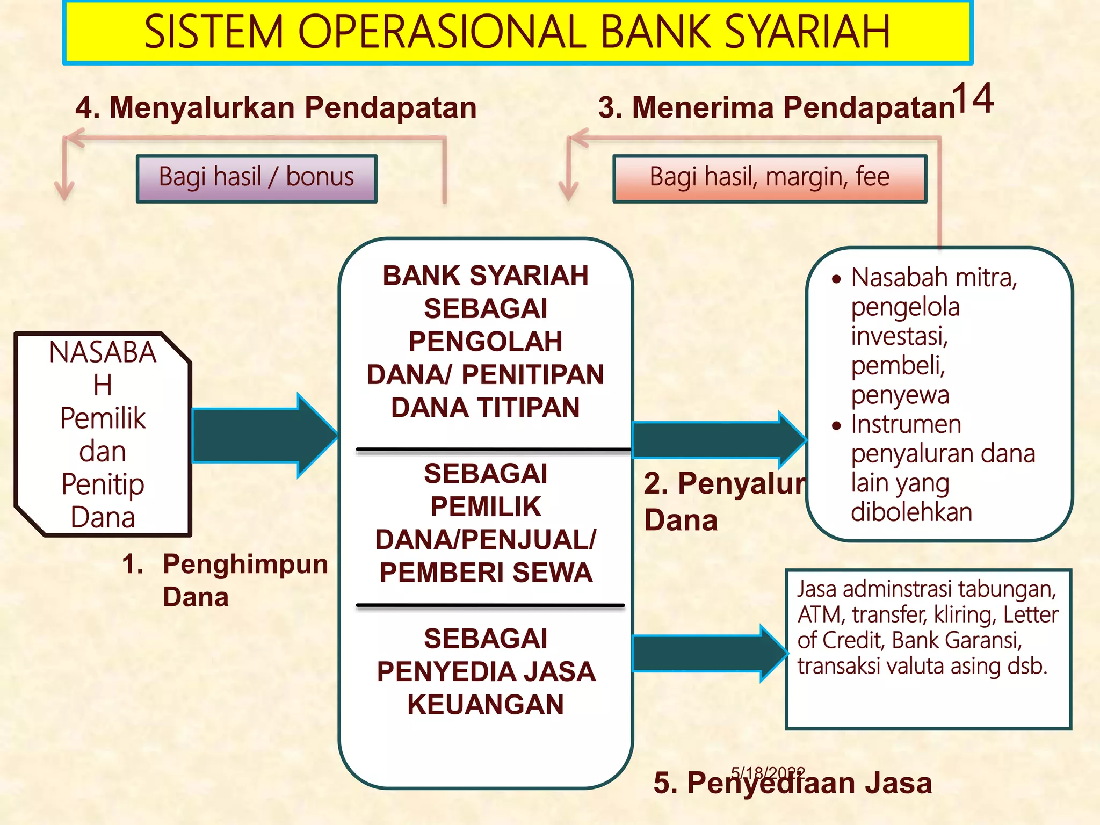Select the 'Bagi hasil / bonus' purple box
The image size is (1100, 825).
(257, 178)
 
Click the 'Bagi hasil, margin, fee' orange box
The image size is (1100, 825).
(770, 178)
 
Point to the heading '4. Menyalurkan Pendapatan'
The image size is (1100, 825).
(276, 107)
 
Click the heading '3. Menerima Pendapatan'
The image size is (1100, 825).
(777, 107)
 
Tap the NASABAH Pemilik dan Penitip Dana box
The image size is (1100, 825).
(103, 434)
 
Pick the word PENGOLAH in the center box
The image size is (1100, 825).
(486, 342)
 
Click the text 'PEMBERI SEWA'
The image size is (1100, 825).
(486, 573)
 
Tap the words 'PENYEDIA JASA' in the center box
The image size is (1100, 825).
(486, 671)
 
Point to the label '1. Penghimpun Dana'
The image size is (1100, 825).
(225, 580)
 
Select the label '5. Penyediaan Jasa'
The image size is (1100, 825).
(793, 783)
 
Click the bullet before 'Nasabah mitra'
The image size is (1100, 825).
(836, 279)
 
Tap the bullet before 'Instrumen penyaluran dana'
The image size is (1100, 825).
(836, 426)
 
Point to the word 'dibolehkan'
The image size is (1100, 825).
(911, 512)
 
